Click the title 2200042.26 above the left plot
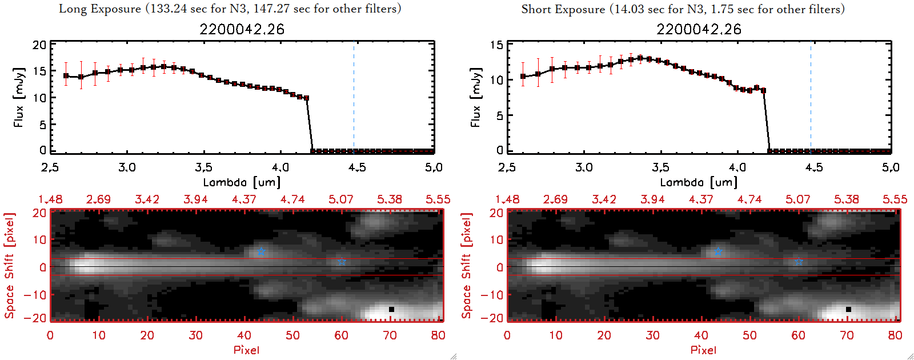pyautogui.click(x=242, y=29)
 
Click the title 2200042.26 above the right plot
pyautogui.click(x=699, y=29)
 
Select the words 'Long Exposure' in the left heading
pyautogui.click(x=100, y=9)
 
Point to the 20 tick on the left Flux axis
pyautogui.click(x=39, y=45)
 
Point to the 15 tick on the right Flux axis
pyautogui.click(x=496, y=45)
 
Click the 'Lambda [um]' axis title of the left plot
pyautogui.click(x=242, y=182)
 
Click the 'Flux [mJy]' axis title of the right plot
pyautogui.click(x=475, y=97)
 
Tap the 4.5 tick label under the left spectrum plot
pyautogui.click(x=357, y=167)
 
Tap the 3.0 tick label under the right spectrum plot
pyautogui.click(x=584, y=167)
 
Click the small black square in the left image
pyautogui.click(x=391, y=309)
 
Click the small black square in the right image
pyautogui.click(x=848, y=309)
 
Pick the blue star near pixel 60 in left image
pyautogui.click(x=342, y=261)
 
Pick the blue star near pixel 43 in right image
pyautogui.click(x=718, y=251)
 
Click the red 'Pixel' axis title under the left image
pyautogui.click(x=246, y=350)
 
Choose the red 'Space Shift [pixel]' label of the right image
pyautogui.click(x=466, y=266)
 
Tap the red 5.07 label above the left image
pyautogui.click(x=341, y=199)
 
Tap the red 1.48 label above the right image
pyautogui.click(x=507, y=199)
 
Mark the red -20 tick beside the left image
pyautogui.click(x=38, y=318)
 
